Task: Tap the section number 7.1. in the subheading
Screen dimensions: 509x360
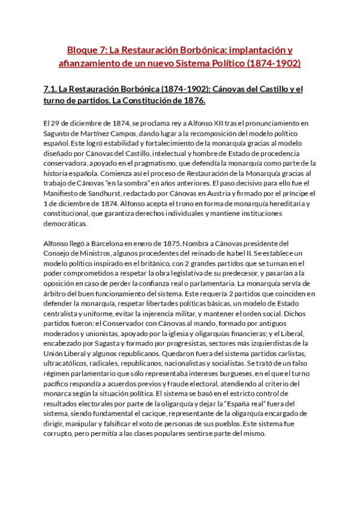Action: [53, 89]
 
